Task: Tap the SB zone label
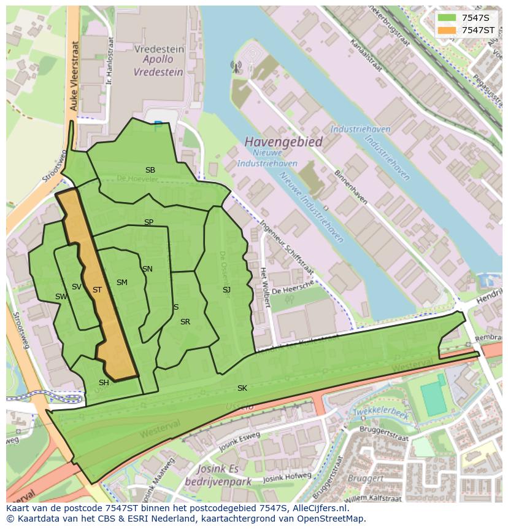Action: (x=150, y=170)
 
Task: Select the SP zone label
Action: (x=148, y=222)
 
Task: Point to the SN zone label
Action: (x=147, y=269)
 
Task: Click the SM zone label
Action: (x=122, y=283)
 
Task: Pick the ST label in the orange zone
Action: (x=97, y=290)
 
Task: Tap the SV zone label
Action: (x=77, y=287)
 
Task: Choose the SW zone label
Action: (x=61, y=297)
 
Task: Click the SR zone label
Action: (x=185, y=322)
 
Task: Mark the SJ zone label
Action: (x=226, y=290)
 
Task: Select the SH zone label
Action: (x=104, y=383)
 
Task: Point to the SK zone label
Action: (x=242, y=388)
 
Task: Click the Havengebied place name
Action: (x=283, y=142)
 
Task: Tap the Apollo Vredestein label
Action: (x=158, y=66)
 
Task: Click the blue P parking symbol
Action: (x=158, y=126)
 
